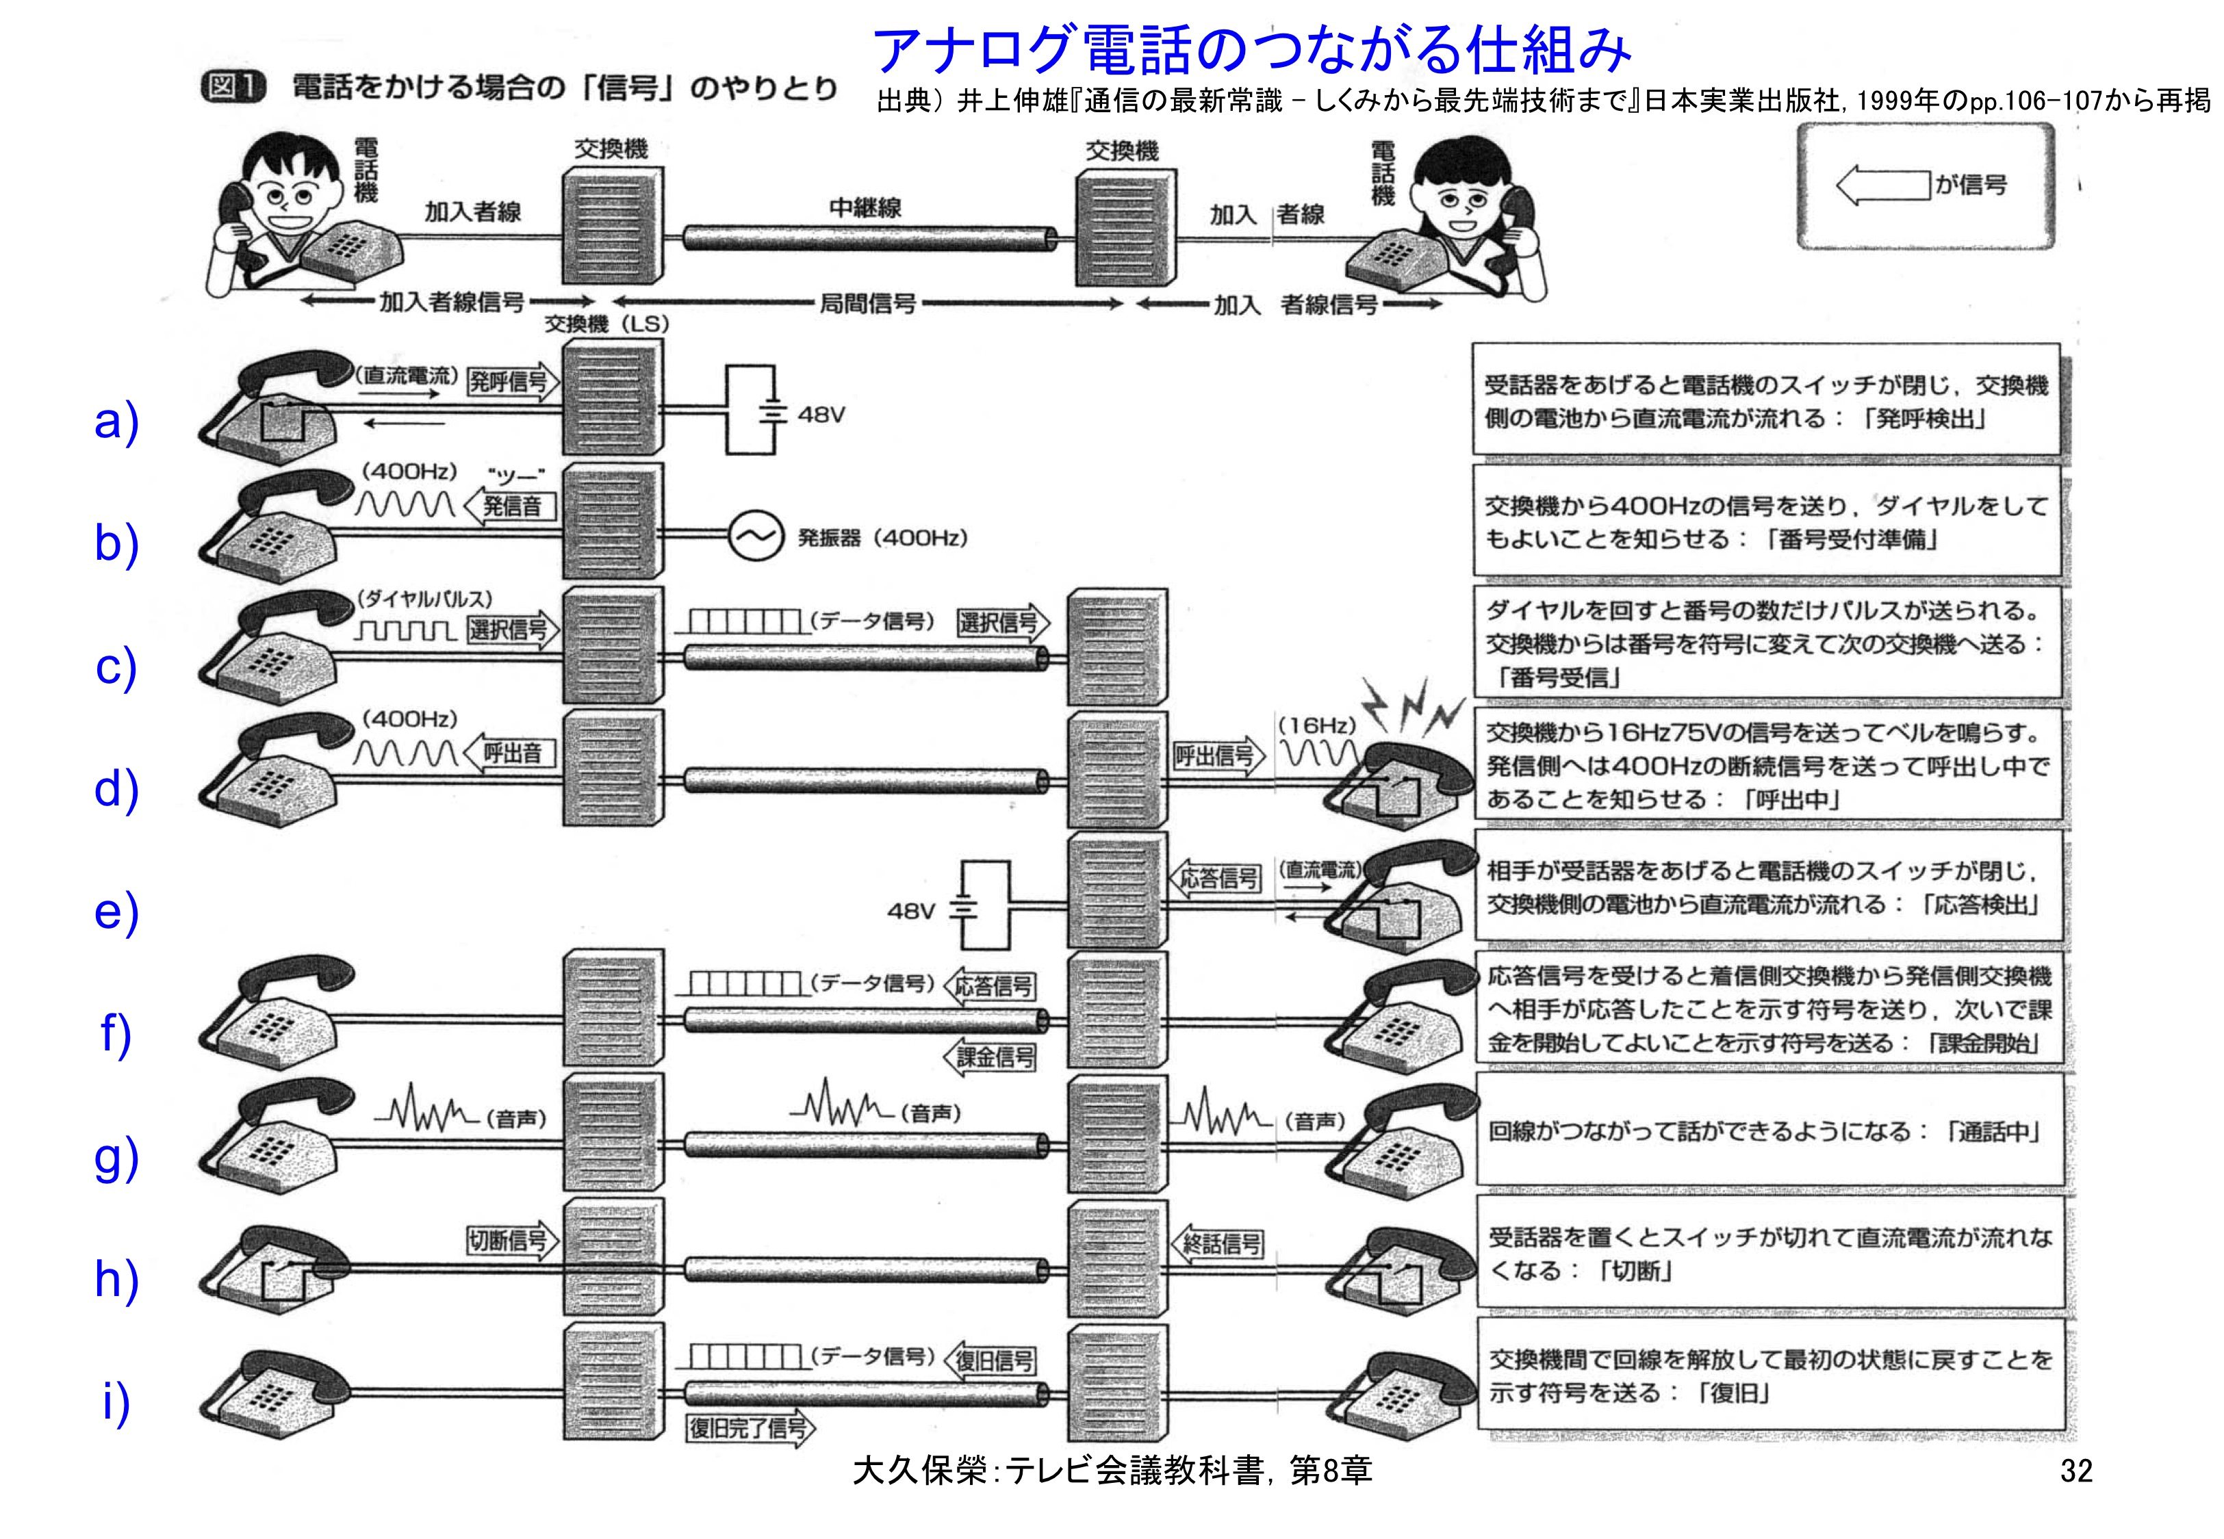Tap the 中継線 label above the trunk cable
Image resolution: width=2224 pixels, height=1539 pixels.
click(x=865, y=207)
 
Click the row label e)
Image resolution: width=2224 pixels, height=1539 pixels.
click(x=116, y=911)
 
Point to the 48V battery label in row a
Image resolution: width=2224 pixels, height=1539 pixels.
click(x=821, y=415)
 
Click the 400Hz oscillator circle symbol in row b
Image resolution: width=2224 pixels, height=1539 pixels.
click(x=754, y=537)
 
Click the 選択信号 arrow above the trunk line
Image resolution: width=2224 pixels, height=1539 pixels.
click(x=1001, y=623)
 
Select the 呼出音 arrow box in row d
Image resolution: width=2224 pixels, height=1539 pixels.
click(x=511, y=753)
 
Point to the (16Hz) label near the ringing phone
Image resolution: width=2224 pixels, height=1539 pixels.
click(x=1316, y=725)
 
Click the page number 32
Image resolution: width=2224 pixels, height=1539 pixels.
click(x=2075, y=1471)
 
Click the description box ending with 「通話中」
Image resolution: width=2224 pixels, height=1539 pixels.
click(x=1769, y=1131)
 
